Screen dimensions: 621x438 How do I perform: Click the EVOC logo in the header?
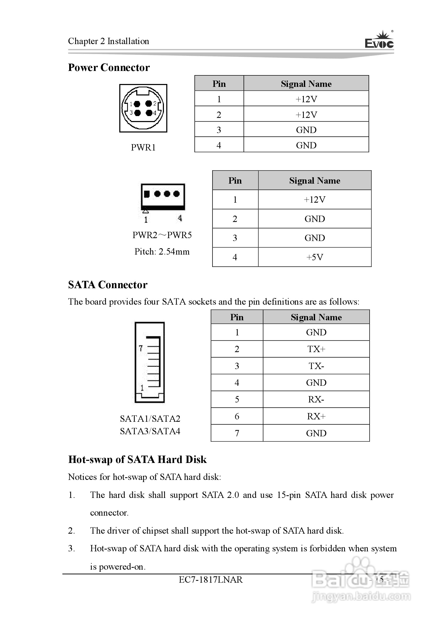pos(379,41)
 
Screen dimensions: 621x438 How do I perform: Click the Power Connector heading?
pos(109,67)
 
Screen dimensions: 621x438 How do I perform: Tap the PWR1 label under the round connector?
pos(143,147)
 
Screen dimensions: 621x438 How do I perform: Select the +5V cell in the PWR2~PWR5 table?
pos(315,257)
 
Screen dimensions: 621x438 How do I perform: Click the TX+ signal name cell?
pos(316,349)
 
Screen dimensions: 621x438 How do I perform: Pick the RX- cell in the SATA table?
pos(316,399)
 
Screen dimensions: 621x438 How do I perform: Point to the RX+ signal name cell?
pos(316,416)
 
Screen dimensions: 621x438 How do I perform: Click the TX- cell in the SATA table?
pos(316,366)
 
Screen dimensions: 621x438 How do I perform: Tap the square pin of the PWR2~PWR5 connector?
pos(147,194)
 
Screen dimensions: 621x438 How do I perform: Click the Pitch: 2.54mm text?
pos(162,251)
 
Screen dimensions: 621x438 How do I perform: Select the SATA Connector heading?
pos(108,285)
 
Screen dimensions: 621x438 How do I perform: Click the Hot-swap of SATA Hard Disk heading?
pos(137,460)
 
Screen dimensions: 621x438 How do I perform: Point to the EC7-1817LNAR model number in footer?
pos(211,580)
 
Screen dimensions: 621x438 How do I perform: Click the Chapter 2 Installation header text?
pos(109,41)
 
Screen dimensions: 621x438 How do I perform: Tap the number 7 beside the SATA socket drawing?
pos(140,348)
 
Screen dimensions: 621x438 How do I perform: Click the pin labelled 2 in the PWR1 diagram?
pos(149,104)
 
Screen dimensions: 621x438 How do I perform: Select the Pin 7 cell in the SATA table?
pos(237,433)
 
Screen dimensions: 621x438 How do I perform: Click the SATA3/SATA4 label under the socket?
pos(150,431)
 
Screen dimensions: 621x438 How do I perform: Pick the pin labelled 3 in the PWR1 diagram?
pos(138,113)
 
